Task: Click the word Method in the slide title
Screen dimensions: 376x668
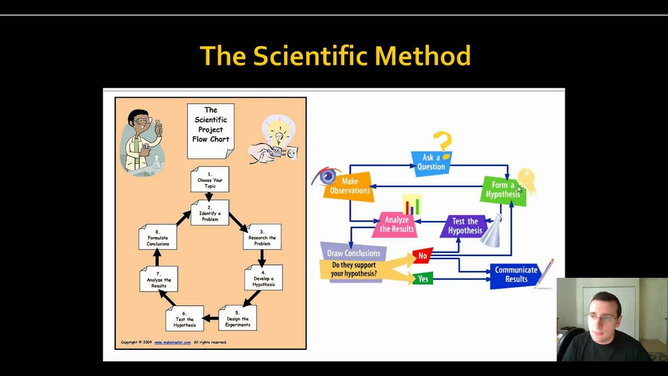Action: coord(422,56)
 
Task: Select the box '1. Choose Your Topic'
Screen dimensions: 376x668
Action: coord(210,180)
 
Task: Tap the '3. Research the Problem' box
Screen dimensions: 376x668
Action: coord(262,237)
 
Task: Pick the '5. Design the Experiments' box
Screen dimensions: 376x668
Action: coord(237,319)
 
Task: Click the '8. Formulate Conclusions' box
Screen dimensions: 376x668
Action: coord(158,238)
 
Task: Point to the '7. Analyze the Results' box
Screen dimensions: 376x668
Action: coord(159,279)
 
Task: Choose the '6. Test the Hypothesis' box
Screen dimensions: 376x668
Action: coord(185,319)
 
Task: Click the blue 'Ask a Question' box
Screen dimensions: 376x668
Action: coord(431,162)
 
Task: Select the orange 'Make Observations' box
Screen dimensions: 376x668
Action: coord(349,186)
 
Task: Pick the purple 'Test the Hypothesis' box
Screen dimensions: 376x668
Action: coord(464,226)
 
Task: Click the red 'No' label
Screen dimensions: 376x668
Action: coord(423,256)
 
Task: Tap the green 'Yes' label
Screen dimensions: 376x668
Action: coord(423,279)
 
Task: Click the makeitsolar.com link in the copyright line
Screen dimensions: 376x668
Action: coord(172,343)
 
